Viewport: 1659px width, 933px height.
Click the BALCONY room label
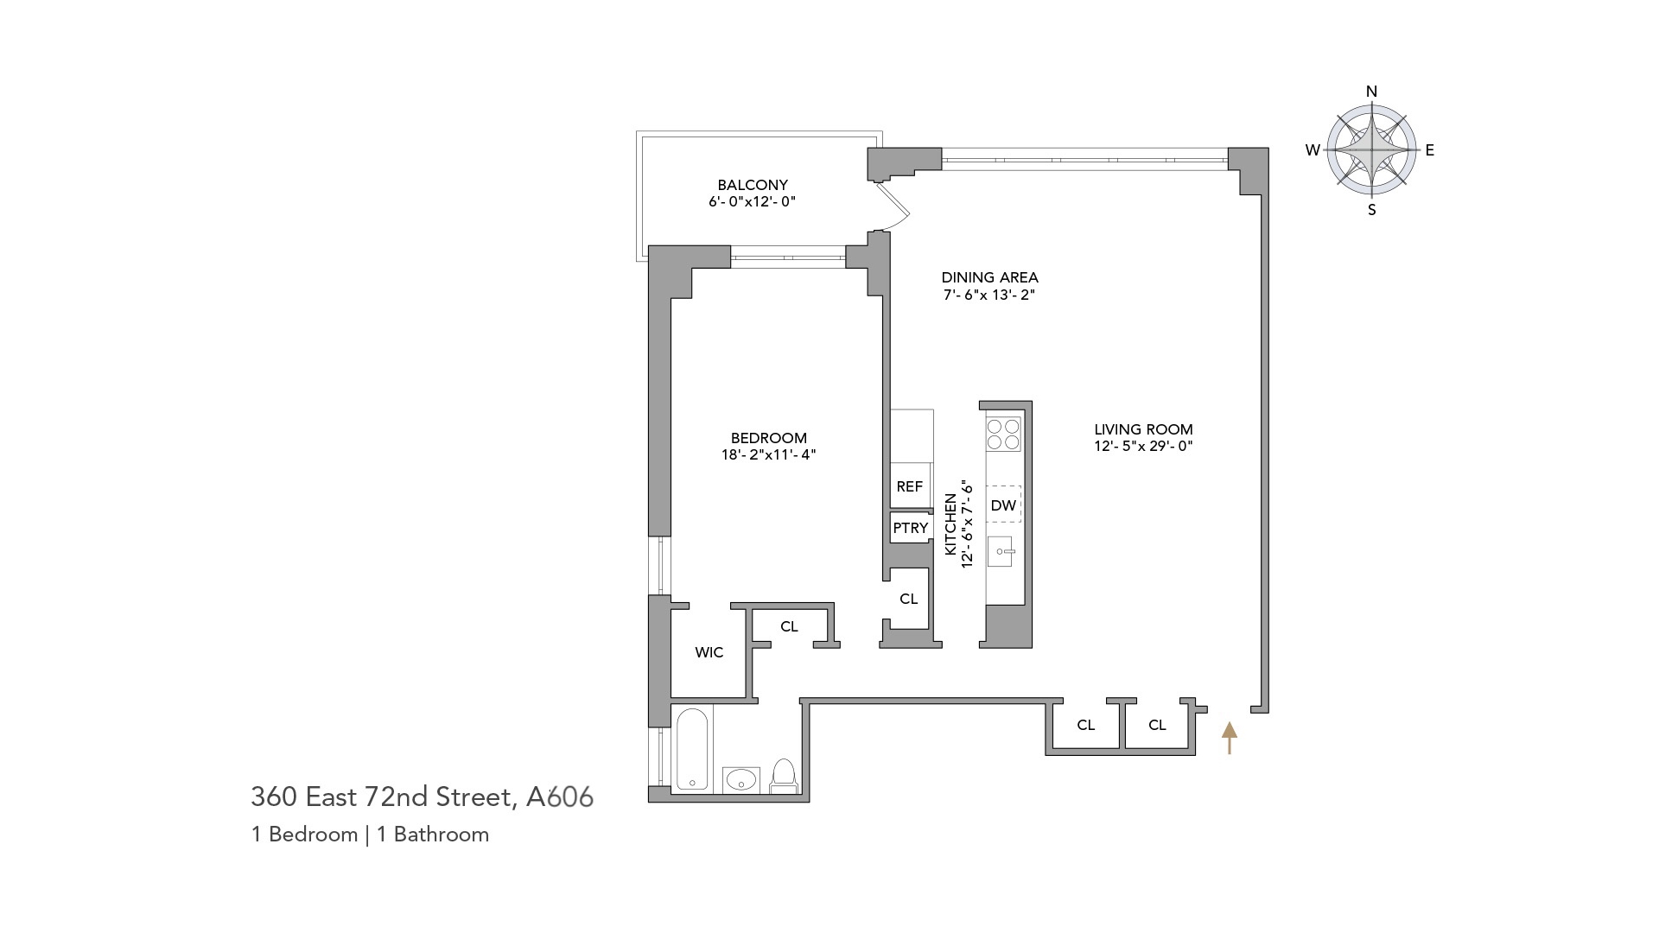coord(752,185)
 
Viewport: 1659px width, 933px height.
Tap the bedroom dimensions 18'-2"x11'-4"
coord(768,454)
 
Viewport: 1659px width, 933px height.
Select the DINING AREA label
coord(989,277)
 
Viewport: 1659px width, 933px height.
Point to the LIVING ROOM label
coord(1143,429)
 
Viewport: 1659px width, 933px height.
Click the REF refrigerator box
coord(910,487)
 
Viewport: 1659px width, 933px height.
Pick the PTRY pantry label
coord(911,528)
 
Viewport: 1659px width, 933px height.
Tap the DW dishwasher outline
coord(1003,505)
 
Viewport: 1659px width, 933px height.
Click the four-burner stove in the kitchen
coord(1003,434)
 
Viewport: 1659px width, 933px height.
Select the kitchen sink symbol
coord(1001,551)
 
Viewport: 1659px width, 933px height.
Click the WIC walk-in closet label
coord(709,652)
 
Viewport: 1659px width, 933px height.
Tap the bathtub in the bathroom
coord(692,749)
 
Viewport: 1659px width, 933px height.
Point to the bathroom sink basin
coord(741,779)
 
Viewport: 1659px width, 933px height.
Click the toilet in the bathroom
coord(783,775)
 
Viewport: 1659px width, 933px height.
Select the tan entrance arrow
coord(1229,737)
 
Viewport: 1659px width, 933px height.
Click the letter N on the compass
coord(1371,92)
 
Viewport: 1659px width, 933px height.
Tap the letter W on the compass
coord(1313,150)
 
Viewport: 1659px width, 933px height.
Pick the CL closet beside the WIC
coord(789,627)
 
